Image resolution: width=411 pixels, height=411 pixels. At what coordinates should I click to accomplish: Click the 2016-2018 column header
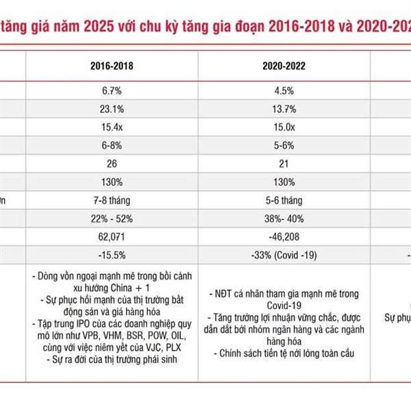point(112,68)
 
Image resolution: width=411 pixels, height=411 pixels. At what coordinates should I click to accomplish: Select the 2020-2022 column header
point(285,68)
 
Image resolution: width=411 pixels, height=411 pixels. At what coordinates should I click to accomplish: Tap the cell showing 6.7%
point(112,90)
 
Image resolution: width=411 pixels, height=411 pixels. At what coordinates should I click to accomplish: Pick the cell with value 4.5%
point(285,90)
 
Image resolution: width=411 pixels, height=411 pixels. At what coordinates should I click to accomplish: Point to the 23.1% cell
point(112,109)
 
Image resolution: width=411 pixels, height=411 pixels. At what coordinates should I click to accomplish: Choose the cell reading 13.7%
point(285,109)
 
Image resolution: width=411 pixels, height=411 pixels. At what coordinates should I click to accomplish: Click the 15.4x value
point(112,127)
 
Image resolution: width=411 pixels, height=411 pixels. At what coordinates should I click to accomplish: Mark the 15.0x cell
point(285,127)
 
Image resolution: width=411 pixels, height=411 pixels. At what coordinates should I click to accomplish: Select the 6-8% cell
point(112,146)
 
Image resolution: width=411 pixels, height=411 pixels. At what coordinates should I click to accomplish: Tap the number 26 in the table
point(112,164)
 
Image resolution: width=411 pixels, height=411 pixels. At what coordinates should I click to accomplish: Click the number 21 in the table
point(285,164)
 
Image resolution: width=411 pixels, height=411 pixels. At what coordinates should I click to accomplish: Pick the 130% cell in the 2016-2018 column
point(112,183)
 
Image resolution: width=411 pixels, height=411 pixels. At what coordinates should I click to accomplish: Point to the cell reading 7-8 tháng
point(112,201)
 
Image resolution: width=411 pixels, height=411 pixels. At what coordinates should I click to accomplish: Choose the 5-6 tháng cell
point(285,201)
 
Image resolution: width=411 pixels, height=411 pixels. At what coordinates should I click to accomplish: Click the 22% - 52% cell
point(112,219)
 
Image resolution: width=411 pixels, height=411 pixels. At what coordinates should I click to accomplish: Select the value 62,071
point(112,238)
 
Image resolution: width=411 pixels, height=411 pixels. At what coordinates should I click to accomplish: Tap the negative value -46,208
point(285,238)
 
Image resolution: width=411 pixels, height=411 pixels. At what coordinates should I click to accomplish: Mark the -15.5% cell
point(112,256)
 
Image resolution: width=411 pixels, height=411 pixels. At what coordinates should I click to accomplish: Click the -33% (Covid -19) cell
point(285,256)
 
